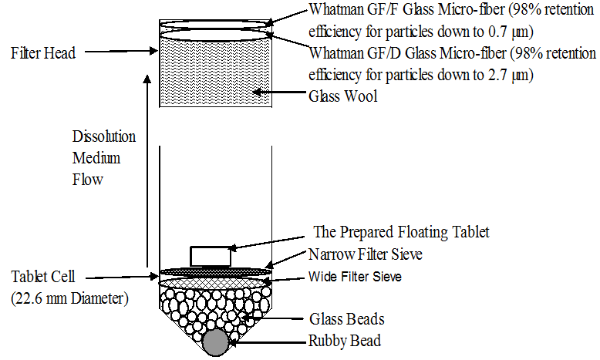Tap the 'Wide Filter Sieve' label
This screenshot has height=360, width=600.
click(x=356, y=276)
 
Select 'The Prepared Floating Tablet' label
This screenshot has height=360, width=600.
click(x=402, y=232)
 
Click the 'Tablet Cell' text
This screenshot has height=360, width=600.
click(x=41, y=276)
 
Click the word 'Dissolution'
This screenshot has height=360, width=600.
click(x=104, y=137)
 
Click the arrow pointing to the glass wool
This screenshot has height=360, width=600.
click(x=279, y=96)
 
